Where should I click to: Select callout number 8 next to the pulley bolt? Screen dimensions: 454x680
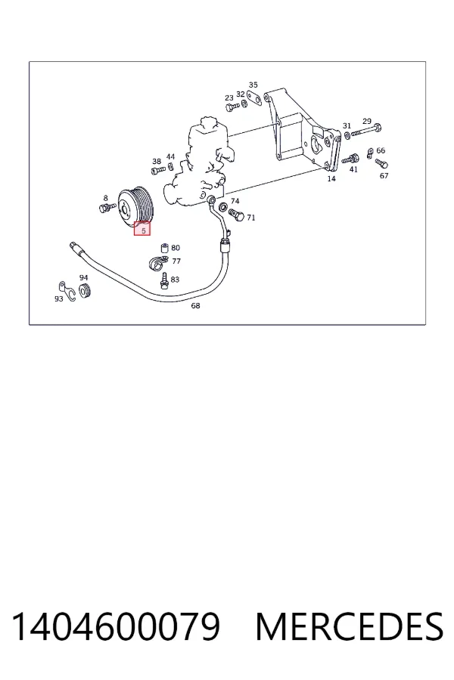[x=106, y=198]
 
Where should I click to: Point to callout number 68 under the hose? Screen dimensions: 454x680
[x=195, y=306]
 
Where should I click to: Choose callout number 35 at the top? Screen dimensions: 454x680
[x=253, y=85]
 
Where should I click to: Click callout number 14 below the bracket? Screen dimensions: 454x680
[x=331, y=178]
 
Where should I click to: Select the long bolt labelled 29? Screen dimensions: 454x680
[x=365, y=130]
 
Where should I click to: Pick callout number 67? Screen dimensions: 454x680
[x=384, y=175]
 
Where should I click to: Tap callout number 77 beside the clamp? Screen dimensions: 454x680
[x=176, y=261]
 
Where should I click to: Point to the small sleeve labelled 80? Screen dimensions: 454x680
[x=165, y=248]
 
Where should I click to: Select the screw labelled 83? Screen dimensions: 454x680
[x=164, y=280]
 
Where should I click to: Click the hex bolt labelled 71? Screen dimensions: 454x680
[x=236, y=215]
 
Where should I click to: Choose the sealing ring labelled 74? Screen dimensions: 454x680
[x=223, y=206]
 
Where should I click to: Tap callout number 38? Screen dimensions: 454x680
[x=157, y=162]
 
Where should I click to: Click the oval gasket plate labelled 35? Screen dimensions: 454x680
[x=254, y=98]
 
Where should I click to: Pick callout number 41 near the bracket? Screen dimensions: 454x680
[x=353, y=169]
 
